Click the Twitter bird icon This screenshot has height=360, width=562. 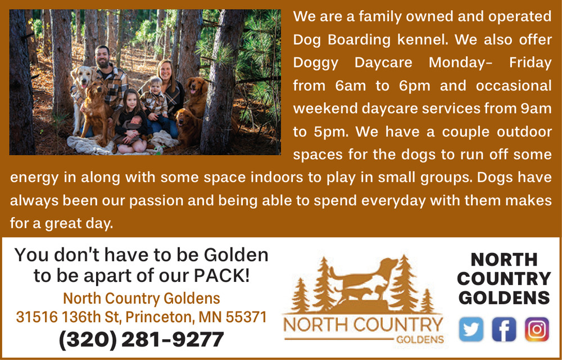(x=471, y=329)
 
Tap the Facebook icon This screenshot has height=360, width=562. (x=504, y=329)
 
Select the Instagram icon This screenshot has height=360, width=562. (x=537, y=329)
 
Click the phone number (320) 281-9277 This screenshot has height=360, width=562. (x=141, y=340)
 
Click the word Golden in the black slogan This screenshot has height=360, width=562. (x=236, y=255)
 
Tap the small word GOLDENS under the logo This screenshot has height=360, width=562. (x=420, y=340)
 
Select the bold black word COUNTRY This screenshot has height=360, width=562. (x=504, y=278)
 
